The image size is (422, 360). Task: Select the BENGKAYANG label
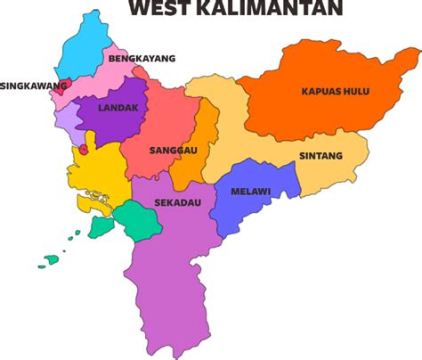coord(142,59)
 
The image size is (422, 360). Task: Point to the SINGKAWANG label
coord(34,86)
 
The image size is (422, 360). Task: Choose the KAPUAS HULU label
coord(335,91)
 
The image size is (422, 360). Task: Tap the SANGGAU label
coord(174,150)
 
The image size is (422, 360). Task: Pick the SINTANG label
coord(321,156)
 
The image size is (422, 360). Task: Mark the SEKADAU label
coord(177,202)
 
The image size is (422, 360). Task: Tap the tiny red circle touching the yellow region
coord(84,151)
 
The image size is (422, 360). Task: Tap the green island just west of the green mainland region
coord(101,228)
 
